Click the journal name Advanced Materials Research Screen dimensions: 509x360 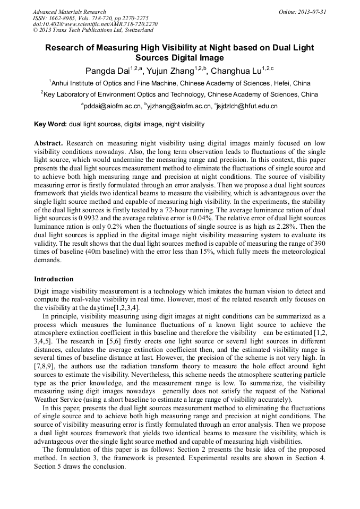(70, 12)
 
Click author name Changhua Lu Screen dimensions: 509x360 (235, 71)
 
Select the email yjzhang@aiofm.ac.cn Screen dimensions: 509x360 (181, 106)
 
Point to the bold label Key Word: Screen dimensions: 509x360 (50, 124)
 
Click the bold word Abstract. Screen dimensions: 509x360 (49, 144)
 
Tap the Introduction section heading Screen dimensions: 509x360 (54, 279)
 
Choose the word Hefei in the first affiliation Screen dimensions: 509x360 (280, 83)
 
